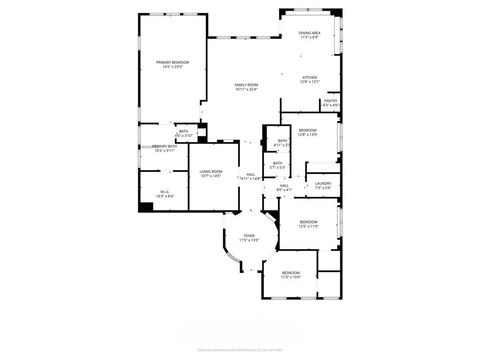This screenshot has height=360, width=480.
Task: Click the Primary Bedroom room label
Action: (x=173, y=63)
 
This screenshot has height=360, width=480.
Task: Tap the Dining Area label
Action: (x=309, y=34)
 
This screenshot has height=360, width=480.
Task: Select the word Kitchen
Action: (x=310, y=78)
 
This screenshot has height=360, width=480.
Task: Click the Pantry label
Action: (x=330, y=100)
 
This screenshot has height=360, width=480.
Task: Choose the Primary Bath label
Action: (x=165, y=147)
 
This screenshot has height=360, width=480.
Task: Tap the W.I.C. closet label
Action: (x=165, y=191)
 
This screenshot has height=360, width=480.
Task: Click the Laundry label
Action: (x=322, y=183)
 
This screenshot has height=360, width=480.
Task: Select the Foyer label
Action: (x=249, y=236)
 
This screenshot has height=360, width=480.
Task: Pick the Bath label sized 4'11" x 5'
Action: (x=283, y=140)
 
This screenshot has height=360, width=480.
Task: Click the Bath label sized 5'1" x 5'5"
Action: (x=277, y=163)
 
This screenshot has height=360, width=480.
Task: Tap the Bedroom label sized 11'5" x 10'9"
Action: (x=290, y=273)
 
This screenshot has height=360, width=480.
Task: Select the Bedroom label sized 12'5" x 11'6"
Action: (x=308, y=223)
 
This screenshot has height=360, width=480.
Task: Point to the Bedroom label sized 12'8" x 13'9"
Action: (x=307, y=130)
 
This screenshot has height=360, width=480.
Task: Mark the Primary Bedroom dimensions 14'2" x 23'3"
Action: (x=173, y=68)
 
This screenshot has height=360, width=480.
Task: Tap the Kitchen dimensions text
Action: (x=310, y=83)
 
